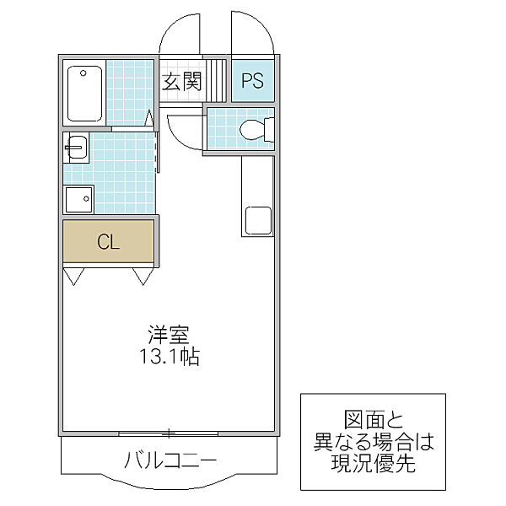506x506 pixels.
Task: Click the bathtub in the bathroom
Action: (x=84, y=93)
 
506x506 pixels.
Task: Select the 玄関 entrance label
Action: (x=181, y=82)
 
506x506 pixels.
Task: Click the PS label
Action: (x=252, y=82)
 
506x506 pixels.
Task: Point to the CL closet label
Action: (x=108, y=243)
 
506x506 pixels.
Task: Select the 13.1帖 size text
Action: (x=169, y=357)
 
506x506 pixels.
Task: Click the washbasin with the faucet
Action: (x=76, y=148)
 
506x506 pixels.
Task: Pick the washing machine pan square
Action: (x=80, y=200)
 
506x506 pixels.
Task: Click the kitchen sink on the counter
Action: (x=257, y=219)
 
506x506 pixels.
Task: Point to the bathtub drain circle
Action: (x=83, y=73)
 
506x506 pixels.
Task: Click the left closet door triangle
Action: (x=73, y=276)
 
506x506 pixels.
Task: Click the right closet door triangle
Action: (x=143, y=276)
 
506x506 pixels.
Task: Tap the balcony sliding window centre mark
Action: (x=169, y=433)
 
